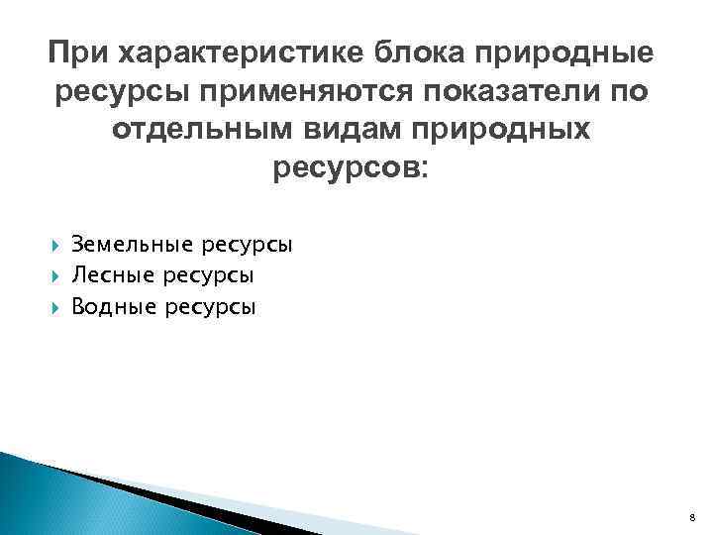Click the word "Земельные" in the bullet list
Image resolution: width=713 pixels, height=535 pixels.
tap(127, 244)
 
